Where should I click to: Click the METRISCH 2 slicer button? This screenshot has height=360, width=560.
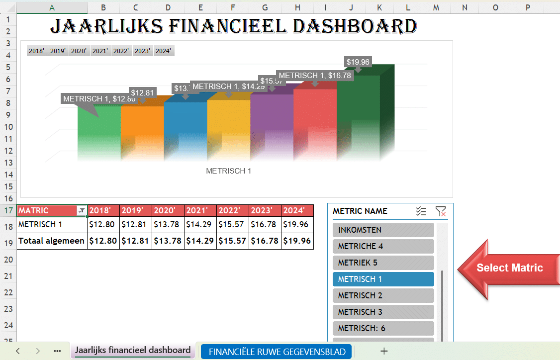point(383,295)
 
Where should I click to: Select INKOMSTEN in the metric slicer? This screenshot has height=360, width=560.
point(383,230)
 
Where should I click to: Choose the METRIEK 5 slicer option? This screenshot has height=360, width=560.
point(383,263)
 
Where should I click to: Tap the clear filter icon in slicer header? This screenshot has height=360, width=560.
point(440,211)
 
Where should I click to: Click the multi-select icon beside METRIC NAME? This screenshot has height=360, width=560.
point(421,211)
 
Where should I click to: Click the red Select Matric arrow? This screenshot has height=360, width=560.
point(507,268)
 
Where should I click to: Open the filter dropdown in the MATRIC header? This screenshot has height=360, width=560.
point(82,211)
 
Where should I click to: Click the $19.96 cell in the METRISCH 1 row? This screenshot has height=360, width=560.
point(297,224)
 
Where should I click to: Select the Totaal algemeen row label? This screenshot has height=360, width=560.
point(52,241)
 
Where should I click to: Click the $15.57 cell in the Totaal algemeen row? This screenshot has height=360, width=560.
point(232,241)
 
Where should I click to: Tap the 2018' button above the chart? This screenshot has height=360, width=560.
point(37,51)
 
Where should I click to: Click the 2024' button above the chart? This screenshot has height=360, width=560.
point(164,51)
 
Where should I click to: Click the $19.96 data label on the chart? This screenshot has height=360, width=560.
point(358,62)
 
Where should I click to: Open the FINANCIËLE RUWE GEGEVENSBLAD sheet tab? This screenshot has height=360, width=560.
point(277,351)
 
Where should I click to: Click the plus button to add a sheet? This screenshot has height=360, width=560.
point(383,351)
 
